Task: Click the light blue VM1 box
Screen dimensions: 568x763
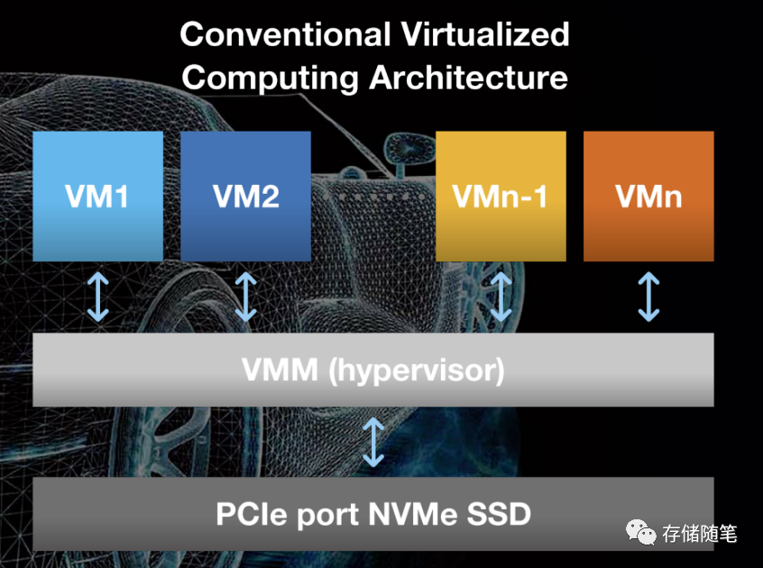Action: (x=97, y=196)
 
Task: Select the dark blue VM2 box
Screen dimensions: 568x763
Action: (x=245, y=196)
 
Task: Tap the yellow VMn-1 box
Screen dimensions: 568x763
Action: (x=501, y=196)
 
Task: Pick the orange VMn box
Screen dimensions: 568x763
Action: (x=648, y=196)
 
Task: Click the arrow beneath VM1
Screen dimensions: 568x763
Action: (x=97, y=298)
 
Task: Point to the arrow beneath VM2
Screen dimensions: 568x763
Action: (x=245, y=298)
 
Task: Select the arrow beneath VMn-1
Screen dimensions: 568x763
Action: (x=501, y=298)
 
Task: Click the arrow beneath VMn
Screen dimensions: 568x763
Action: (x=648, y=298)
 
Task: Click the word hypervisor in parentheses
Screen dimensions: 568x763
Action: (x=420, y=370)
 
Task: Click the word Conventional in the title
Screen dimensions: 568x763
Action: (x=285, y=35)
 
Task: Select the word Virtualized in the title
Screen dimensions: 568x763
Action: (x=485, y=35)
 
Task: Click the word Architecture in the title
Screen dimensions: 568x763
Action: (x=469, y=78)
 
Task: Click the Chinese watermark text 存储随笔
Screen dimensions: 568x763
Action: (x=700, y=534)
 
